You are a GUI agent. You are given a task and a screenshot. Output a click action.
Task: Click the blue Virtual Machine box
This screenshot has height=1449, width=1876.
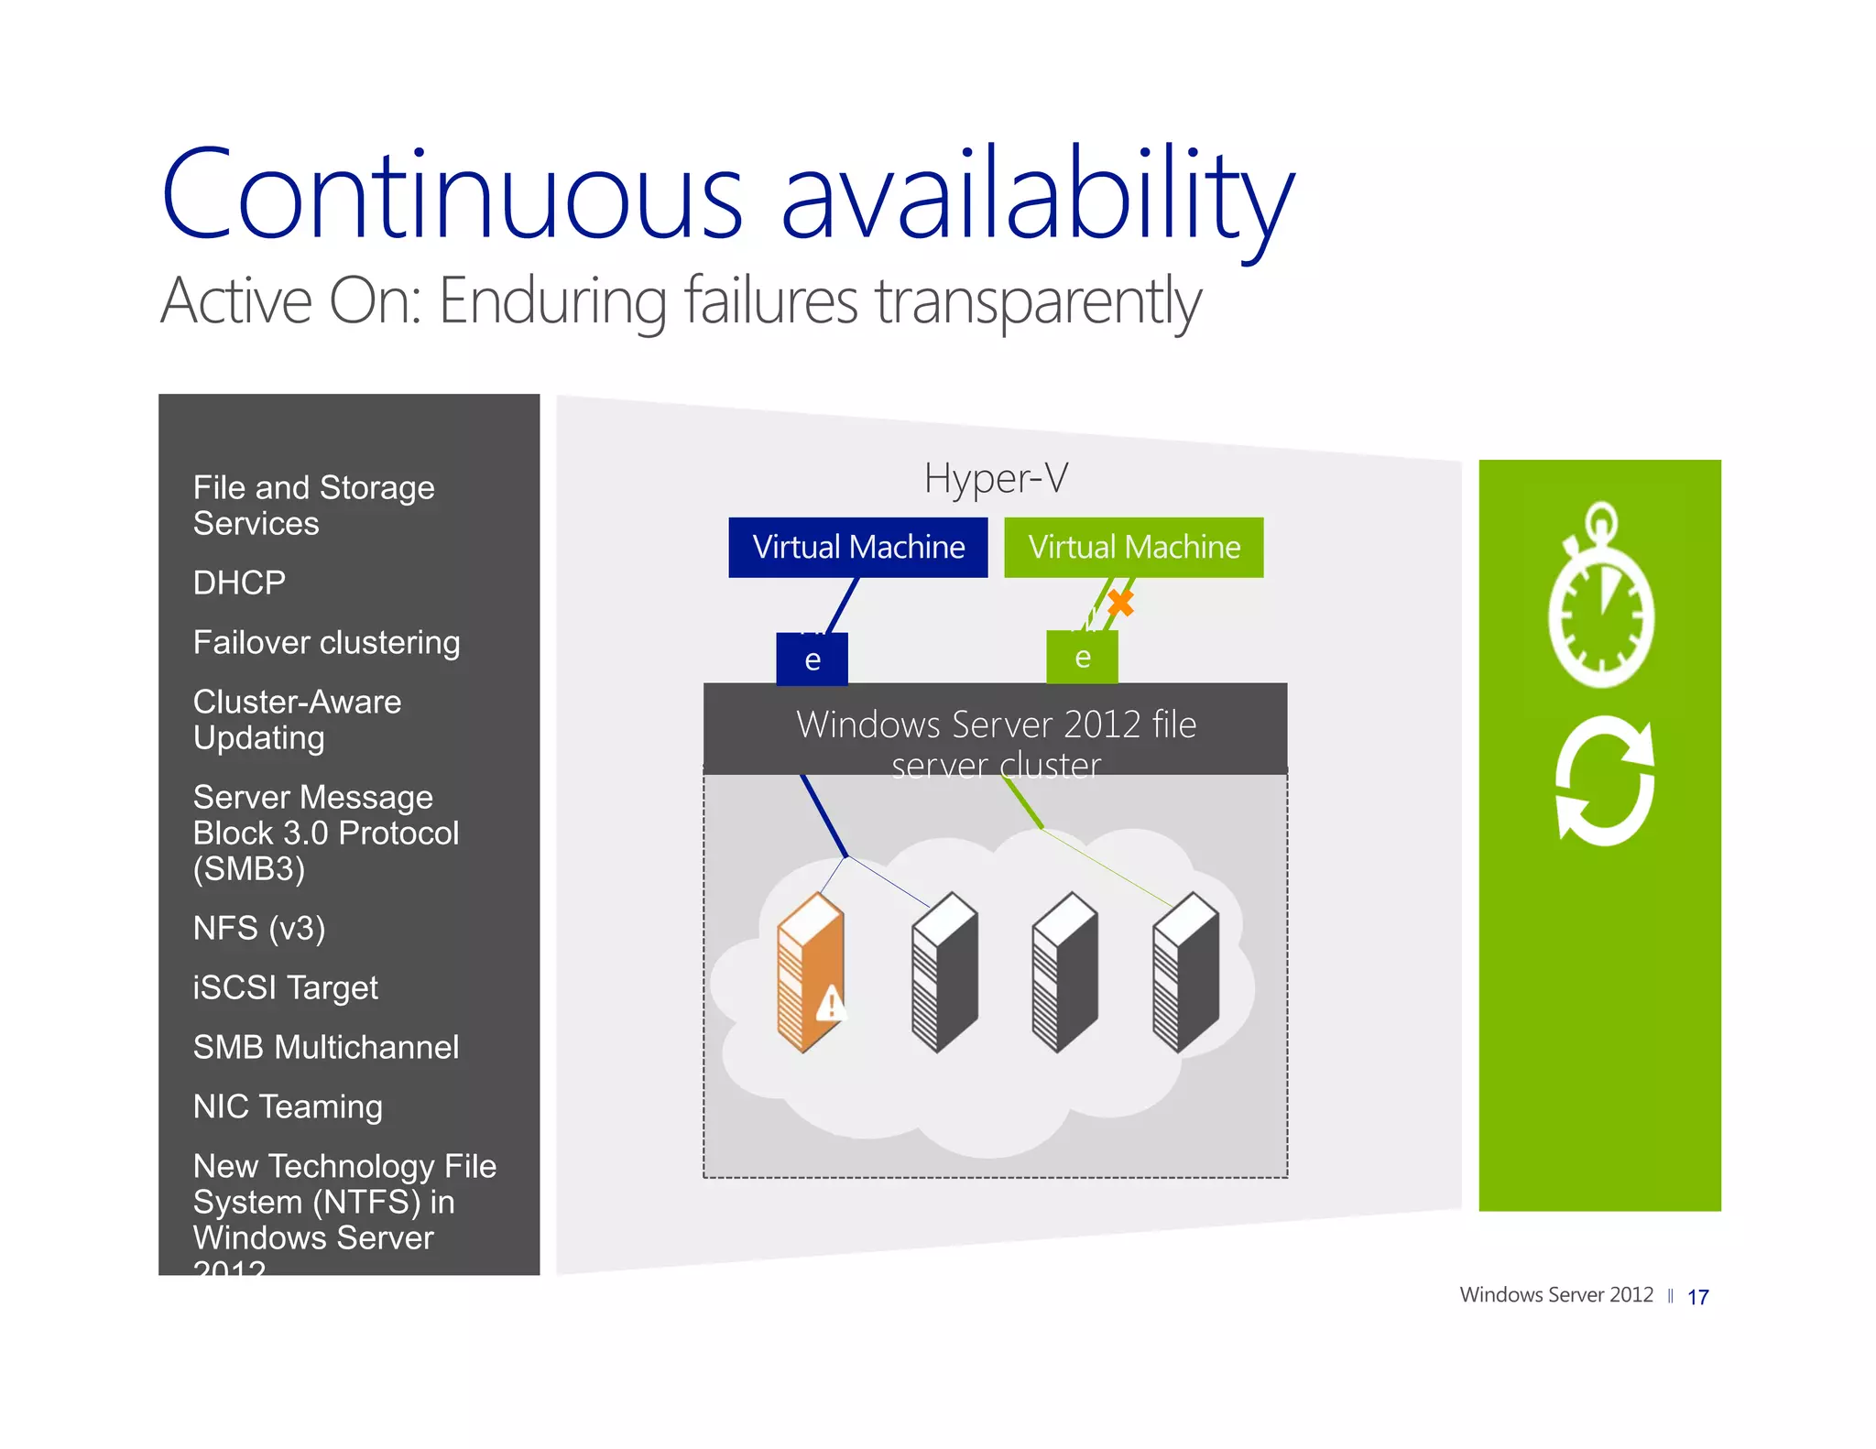(x=857, y=547)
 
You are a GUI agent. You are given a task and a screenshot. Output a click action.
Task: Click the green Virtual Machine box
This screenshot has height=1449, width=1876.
(x=1133, y=547)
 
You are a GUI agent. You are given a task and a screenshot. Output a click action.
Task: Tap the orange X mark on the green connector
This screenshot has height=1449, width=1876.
(x=1120, y=603)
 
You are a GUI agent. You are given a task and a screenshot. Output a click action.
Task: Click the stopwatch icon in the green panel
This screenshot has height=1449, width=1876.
(x=1601, y=595)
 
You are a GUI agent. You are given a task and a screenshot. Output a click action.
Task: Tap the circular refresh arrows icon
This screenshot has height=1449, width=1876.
(x=1604, y=781)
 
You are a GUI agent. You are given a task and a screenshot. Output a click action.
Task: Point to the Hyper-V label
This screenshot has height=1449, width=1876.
(x=996, y=478)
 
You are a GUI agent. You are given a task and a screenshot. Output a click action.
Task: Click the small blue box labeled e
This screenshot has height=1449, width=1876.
(x=812, y=659)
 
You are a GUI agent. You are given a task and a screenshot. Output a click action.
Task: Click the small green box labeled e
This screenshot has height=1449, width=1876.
(x=1082, y=657)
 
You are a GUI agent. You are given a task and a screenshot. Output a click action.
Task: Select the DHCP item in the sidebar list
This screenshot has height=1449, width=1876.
(x=239, y=583)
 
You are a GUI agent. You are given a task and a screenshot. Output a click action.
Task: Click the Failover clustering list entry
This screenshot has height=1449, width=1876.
(x=326, y=642)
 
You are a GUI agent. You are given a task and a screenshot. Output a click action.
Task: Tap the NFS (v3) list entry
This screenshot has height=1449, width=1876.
(x=259, y=928)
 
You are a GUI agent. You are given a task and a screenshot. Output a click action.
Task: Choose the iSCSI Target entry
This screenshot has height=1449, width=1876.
(x=285, y=987)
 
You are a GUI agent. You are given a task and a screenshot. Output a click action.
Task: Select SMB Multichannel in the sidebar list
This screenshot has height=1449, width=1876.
(x=325, y=1047)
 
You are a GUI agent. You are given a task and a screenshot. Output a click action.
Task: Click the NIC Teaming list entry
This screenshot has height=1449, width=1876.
(x=288, y=1106)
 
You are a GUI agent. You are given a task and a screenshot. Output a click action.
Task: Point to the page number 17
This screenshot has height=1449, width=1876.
(x=1697, y=1297)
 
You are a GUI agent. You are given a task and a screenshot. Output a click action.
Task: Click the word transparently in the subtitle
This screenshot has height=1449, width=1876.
(x=1038, y=301)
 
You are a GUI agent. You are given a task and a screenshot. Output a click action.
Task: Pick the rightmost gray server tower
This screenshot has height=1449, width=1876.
(x=1185, y=973)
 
